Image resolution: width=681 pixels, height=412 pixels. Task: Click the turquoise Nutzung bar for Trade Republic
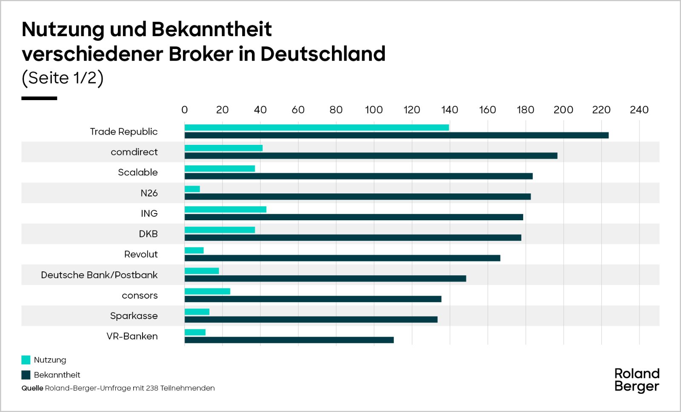point(317,127)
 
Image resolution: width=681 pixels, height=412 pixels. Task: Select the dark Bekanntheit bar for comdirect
point(371,156)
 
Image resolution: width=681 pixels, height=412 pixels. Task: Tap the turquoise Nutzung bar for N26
point(192,189)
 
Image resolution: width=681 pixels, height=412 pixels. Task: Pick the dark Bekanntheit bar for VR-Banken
point(289,340)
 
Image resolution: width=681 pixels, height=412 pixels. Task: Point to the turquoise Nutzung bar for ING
point(226,210)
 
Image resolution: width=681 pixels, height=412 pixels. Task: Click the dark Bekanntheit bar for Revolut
point(342,258)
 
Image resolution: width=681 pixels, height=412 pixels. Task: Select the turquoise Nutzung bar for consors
point(207,291)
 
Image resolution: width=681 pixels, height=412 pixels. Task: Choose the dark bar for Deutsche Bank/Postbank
point(325,279)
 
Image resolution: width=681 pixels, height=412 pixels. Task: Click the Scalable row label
point(137,173)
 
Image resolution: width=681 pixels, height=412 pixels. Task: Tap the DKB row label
point(148,234)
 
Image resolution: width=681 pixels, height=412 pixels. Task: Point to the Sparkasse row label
point(134,316)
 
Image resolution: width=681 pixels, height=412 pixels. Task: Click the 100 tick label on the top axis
point(374,110)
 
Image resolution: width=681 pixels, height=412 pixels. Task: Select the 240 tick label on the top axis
point(639,110)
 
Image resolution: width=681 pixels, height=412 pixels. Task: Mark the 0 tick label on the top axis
point(184,110)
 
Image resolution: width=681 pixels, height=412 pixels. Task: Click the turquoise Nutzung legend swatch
point(26,360)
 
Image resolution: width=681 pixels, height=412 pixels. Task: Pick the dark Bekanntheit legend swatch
point(26,375)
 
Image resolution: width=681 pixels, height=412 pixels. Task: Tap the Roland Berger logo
point(637,380)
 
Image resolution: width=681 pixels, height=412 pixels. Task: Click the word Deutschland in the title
point(323,54)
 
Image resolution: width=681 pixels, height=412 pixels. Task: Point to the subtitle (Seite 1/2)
point(63,78)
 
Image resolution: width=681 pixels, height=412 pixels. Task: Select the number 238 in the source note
point(152,388)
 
